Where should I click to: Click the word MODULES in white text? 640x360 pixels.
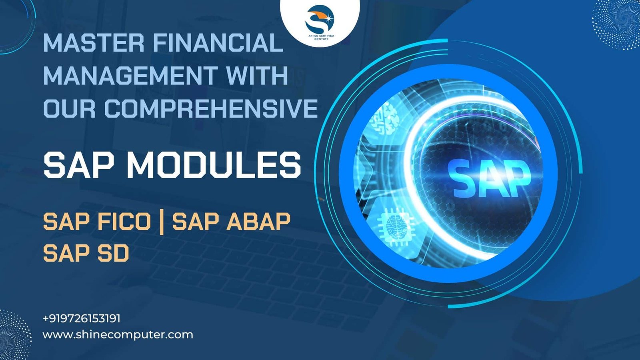(x=214, y=165)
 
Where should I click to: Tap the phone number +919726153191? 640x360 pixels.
(x=82, y=318)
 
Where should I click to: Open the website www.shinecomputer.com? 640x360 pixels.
(x=118, y=334)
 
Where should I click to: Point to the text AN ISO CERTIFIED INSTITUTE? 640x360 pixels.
(x=320, y=37)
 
